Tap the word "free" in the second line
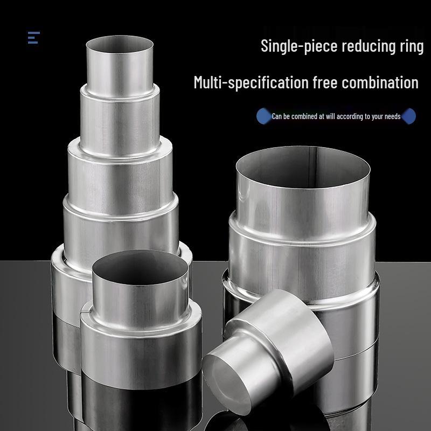click(x=325, y=83)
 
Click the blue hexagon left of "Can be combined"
click(x=263, y=116)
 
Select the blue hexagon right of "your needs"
click(x=409, y=116)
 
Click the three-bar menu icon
click(x=34, y=38)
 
